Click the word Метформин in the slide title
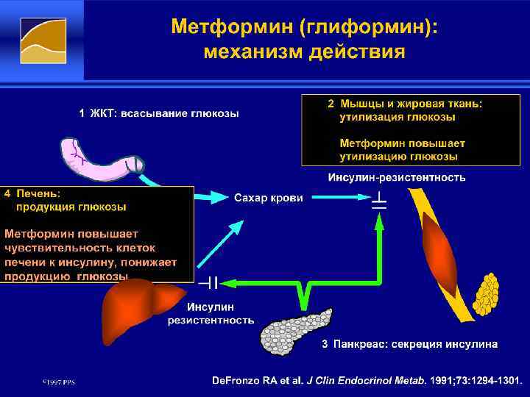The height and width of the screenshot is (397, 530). point(233,27)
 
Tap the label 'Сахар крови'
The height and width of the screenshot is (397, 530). point(268,198)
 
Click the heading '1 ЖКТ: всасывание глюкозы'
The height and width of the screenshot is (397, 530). point(159,113)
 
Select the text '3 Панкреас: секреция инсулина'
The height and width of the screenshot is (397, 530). point(409,343)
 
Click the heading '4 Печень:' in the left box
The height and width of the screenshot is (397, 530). point(33,193)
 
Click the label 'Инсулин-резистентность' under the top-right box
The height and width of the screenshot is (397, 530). point(396,177)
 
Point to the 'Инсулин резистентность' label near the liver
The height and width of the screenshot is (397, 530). point(211,313)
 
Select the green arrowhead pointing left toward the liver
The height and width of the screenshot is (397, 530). point(227,282)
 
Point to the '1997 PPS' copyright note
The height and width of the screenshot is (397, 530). point(58,382)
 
